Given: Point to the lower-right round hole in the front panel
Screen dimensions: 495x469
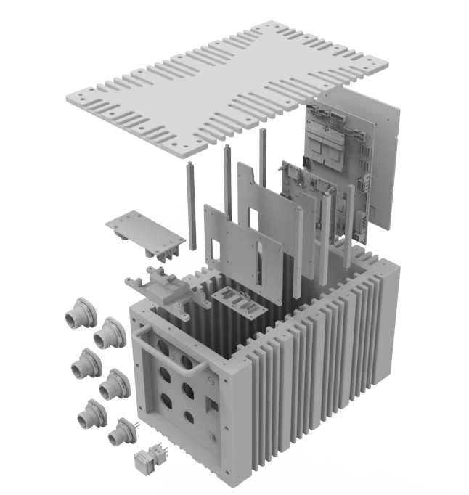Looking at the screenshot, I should pos(189,417).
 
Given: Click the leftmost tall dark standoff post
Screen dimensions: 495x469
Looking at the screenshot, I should pos(192,207).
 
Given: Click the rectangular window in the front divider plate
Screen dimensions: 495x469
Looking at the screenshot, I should pos(216,250).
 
